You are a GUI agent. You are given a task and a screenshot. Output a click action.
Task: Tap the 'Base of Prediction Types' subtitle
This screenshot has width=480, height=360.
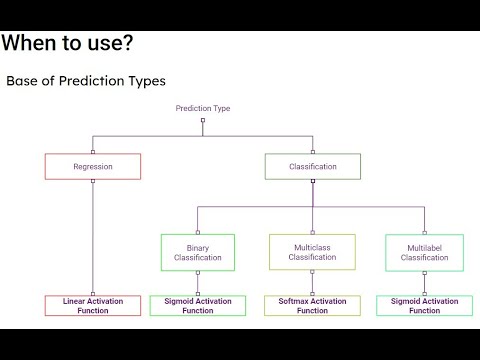(x=86, y=80)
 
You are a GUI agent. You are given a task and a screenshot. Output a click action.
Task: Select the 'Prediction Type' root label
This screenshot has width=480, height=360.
(x=203, y=108)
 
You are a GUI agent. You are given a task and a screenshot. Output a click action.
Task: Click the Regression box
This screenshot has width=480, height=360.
(x=93, y=166)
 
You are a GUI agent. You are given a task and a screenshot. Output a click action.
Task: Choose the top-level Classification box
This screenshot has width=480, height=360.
(x=312, y=166)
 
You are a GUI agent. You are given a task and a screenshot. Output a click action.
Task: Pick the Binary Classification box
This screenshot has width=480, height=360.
(x=198, y=252)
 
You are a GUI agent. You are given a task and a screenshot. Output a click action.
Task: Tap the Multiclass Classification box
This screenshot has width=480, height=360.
(x=312, y=252)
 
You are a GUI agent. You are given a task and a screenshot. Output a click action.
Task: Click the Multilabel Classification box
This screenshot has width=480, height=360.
(x=424, y=252)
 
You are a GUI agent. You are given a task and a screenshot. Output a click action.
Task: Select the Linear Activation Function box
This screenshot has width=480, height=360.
(x=93, y=305)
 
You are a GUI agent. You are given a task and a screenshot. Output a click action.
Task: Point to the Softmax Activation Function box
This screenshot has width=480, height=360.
(x=312, y=305)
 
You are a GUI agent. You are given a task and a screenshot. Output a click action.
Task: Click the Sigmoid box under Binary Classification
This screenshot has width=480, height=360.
(x=198, y=305)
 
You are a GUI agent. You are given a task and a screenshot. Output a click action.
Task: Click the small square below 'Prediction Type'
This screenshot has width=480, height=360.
(x=203, y=122)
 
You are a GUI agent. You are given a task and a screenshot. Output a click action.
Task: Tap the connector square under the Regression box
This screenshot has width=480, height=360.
(x=93, y=181)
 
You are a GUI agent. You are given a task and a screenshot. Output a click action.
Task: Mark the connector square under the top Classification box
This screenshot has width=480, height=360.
(x=312, y=181)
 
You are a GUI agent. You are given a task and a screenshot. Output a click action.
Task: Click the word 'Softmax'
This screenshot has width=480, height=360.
(x=290, y=300)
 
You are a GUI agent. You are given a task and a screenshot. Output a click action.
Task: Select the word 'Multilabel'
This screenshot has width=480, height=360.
(x=424, y=246)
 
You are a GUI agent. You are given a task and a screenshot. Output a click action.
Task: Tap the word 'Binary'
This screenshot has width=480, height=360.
(x=198, y=246)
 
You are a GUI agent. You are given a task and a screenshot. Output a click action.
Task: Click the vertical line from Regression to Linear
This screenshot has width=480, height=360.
(x=93, y=240)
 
